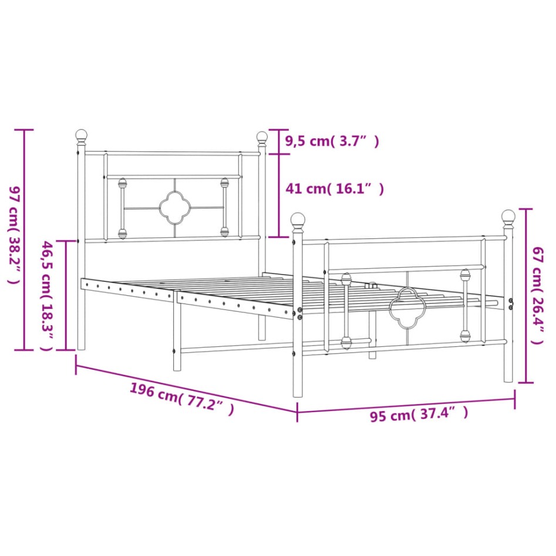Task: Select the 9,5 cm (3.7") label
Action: point(332,141)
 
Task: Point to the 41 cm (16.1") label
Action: point(334,189)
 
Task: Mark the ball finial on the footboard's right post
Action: point(508,217)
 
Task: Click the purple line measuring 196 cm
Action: point(187,387)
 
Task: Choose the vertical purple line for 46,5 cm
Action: point(66,295)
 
